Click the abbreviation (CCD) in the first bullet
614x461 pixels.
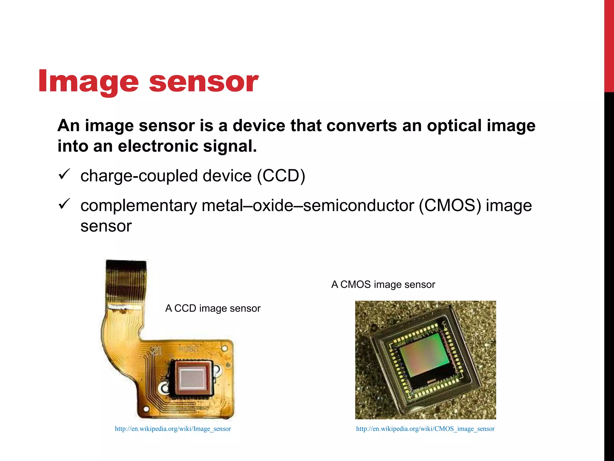tap(281, 176)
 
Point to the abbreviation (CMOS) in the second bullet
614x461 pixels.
tap(449, 206)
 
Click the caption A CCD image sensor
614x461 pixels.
tap(213, 308)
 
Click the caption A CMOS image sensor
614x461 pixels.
tap(383, 284)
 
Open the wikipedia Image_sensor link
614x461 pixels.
tap(173, 429)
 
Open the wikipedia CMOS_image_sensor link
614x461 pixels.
tap(425, 429)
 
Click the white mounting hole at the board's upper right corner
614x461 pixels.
tap(224, 348)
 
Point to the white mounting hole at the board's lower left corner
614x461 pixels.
tap(146, 409)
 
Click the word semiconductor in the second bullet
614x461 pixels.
tap(359, 206)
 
